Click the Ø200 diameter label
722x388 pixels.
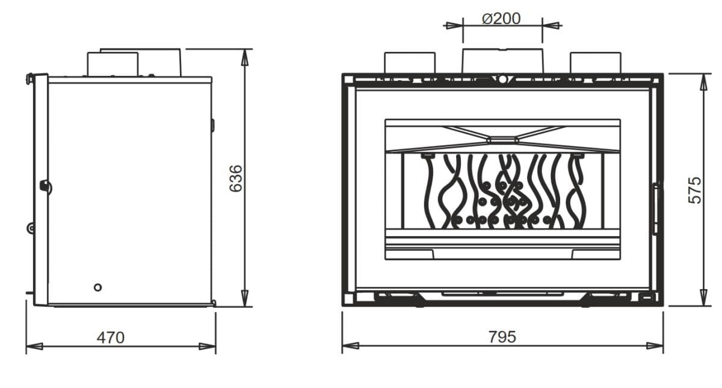click(501, 19)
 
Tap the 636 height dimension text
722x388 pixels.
click(236, 178)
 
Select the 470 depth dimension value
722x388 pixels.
click(111, 337)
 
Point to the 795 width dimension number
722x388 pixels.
click(502, 337)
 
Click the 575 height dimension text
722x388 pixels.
click(694, 190)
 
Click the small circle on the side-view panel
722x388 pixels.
click(97, 287)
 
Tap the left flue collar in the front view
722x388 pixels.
click(410, 63)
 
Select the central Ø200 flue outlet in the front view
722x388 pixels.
click(503, 61)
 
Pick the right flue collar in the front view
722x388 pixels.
click(596, 63)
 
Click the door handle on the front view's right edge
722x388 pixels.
click(656, 208)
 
